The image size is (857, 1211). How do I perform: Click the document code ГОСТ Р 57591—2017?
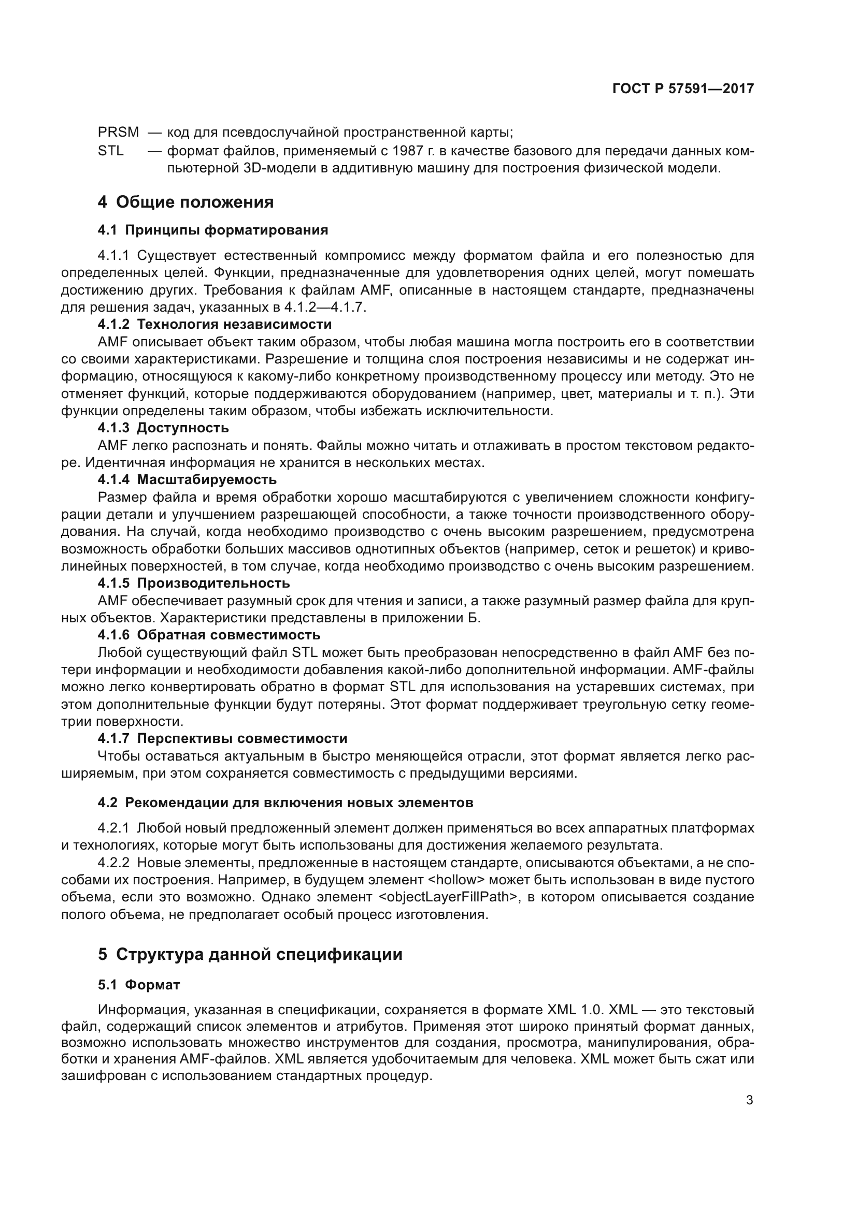683,89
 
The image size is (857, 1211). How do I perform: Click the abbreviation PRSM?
118,133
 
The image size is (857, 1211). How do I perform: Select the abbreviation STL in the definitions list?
111,151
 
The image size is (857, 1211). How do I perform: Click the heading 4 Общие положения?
186,202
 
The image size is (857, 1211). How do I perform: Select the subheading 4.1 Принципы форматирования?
212,230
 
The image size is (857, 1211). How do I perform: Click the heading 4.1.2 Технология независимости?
215,324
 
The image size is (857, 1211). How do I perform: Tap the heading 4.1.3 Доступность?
163,427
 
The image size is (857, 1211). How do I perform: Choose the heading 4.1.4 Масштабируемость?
188,479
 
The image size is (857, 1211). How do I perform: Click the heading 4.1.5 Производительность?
194,583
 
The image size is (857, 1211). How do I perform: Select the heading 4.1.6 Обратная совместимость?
209,635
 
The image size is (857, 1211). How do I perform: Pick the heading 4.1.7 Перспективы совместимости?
223,738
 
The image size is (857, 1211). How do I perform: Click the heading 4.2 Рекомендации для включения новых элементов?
285,803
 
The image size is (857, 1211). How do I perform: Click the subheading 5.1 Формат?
139,985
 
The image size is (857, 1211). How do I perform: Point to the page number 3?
749,1100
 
